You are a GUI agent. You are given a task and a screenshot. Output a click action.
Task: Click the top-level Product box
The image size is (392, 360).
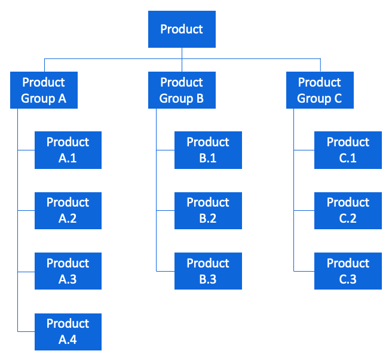(182, 29)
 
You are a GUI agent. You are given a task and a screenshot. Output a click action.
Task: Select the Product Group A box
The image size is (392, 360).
(44, 90)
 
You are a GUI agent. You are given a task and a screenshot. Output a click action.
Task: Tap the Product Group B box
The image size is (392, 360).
(182, 90)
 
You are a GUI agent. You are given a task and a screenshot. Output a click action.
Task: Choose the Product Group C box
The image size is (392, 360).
(320, 90)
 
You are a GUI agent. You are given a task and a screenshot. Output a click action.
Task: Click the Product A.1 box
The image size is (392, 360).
(68, 150)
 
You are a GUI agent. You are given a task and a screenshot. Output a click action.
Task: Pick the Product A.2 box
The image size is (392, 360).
(68, 211)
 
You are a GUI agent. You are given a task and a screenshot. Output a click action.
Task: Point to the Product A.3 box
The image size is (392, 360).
(68, 271)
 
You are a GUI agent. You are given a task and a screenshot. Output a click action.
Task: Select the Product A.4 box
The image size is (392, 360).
(68, 331)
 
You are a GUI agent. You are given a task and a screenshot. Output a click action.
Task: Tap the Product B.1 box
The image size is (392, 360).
(208, 150)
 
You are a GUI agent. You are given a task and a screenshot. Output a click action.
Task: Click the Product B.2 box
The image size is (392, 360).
(208, 211)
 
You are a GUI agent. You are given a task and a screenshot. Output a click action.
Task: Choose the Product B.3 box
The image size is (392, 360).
(208, 271)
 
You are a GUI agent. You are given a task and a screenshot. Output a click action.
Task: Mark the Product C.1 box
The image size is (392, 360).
(348, 150)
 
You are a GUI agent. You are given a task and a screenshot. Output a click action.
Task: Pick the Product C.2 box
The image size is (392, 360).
(348, 211)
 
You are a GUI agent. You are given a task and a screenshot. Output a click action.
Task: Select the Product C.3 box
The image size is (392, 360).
(348, 271)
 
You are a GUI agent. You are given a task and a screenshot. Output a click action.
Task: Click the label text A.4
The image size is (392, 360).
(68, 340)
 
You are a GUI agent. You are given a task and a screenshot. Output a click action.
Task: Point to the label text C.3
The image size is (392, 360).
(348, 279)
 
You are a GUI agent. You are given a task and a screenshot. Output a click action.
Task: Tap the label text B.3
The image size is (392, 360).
(208, 279)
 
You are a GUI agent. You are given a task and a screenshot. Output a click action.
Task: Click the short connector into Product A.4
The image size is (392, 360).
(26, 331)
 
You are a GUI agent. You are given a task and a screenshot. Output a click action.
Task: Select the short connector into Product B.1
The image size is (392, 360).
(166, 150)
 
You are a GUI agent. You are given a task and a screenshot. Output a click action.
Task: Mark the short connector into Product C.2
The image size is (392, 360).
(304, 211)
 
